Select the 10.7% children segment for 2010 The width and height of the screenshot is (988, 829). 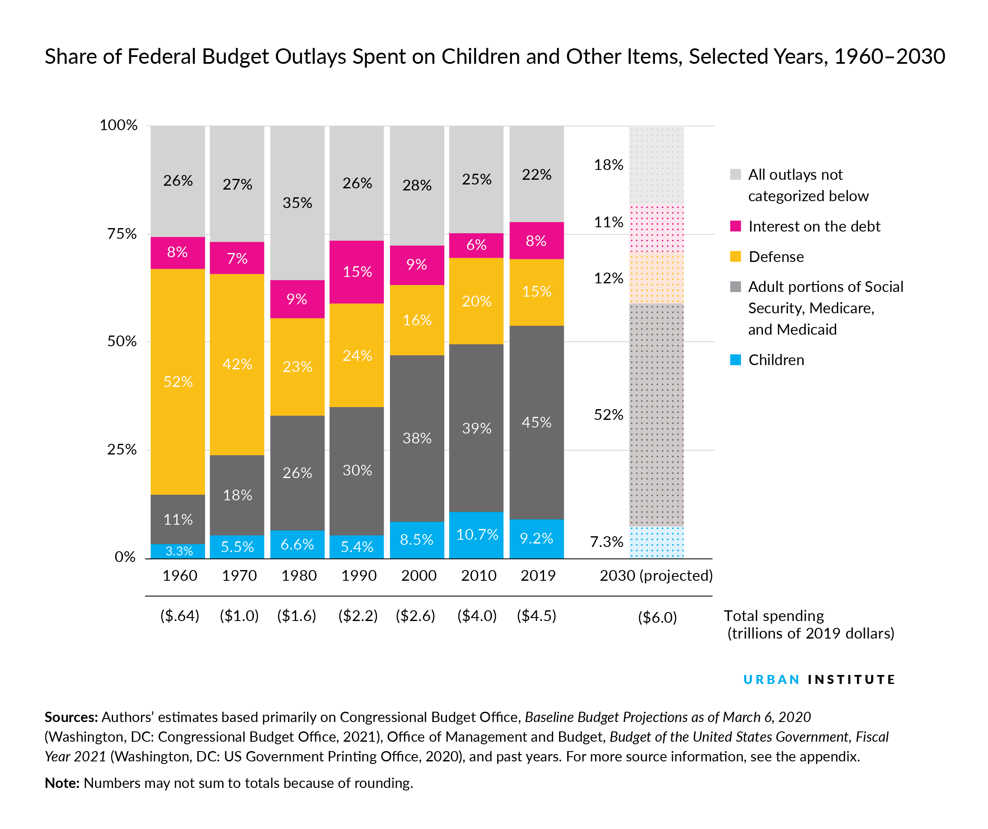[x=476, y=535]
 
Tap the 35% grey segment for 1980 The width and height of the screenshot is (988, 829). [x=297, y=203]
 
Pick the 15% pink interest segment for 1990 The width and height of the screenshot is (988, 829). [x=357, y=272]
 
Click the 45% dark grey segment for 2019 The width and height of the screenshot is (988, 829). [x=536, y=422]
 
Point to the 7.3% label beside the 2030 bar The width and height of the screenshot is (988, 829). [x=607, y=542]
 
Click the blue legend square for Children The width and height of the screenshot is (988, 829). [x=735, y=360]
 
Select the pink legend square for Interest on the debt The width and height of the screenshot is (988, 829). [x=735, y=226]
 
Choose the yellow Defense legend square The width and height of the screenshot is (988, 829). [x=735, y=256]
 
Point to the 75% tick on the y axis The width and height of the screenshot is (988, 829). [x=122, y=234]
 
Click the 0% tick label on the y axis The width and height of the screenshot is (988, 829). [x=125, y=557]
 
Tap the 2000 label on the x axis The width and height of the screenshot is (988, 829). [x=419, y=575]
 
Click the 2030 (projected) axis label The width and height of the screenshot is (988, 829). [x=656, y=575]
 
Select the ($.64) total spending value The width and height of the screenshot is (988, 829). [x=180, y=615]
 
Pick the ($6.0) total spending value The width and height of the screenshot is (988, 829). [x=657, y=617]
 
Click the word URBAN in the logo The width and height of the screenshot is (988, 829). [x=771, y=679]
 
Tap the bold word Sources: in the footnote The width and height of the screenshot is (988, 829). [x=71, y=717]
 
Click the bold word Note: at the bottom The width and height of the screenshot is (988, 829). [x=62, y=783]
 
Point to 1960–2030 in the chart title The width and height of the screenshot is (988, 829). [x=889, y=56]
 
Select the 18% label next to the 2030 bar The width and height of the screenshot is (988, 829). [x=608, y=165]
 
